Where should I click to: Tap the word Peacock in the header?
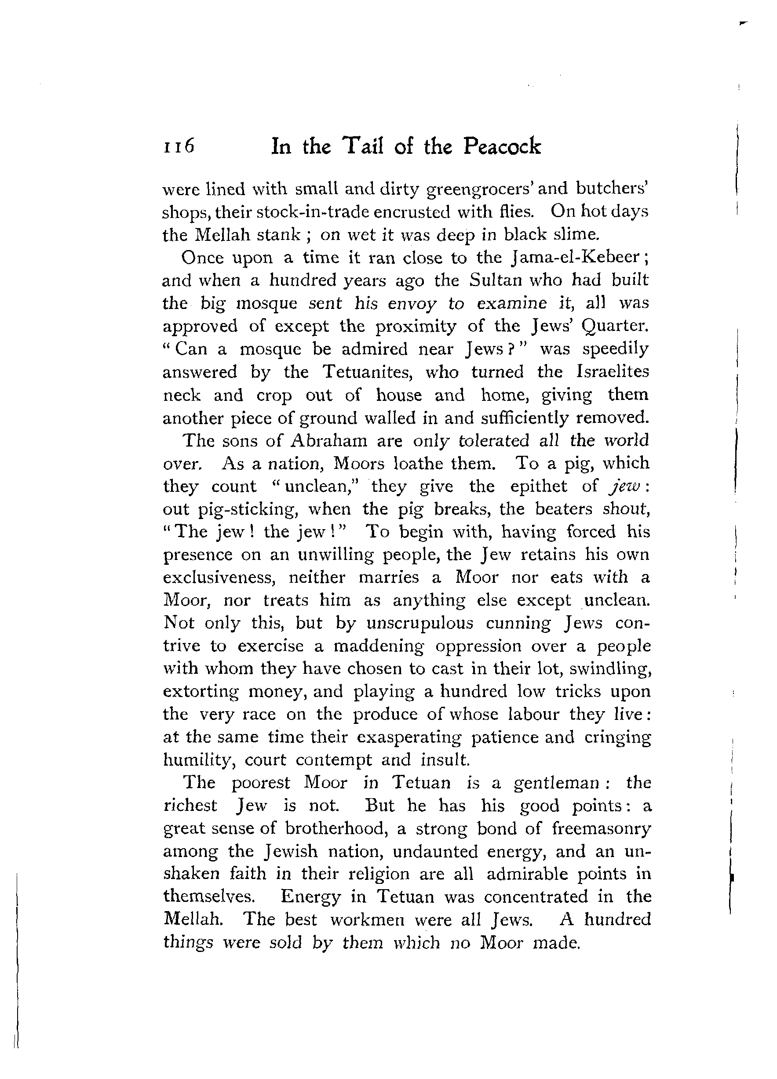coord(502,146)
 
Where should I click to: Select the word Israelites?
coord(612,372)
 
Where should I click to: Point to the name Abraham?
coord(329,440)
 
